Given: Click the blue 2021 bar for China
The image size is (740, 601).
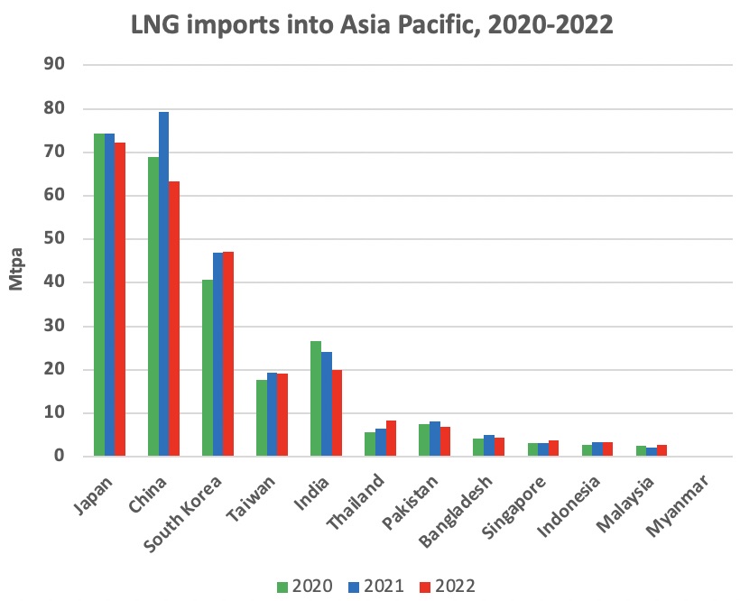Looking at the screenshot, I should coord(163,284).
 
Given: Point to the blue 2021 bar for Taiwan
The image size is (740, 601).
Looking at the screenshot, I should coord(272,414).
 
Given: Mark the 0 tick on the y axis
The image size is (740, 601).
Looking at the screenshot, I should coord(65,457).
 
